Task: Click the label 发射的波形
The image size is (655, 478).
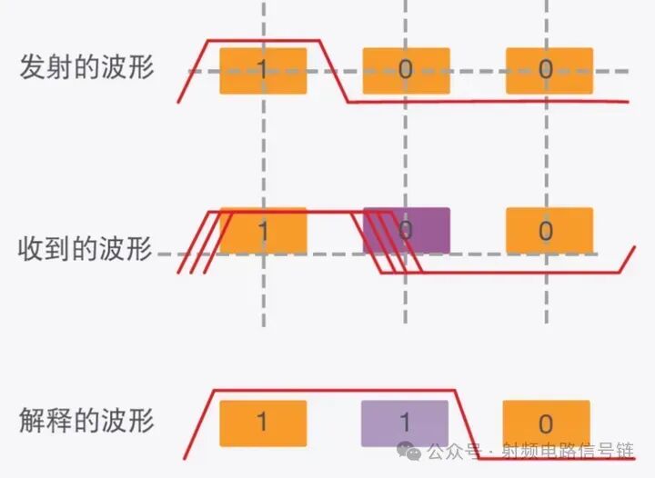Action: tap(86, 68)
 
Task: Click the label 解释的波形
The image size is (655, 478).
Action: tap(86, 421)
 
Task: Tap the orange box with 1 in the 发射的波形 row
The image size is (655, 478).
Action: tap(263, 70)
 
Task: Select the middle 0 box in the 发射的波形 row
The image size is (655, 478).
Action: tap(405, 70)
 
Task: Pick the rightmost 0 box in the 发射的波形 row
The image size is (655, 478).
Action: tap(549, 70)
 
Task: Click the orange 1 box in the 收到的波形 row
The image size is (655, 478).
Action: tap(263, 231)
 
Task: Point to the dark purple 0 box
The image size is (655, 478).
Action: tap(407, 231)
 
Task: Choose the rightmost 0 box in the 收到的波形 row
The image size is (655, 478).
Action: tap(549, 231)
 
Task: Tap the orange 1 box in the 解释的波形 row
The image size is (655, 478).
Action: tap(263, 423)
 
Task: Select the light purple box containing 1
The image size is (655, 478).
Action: tap(405, 423)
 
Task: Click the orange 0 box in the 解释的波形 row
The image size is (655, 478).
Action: tap(546, 424)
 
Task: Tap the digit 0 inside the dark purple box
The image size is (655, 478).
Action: tap(407, 231)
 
